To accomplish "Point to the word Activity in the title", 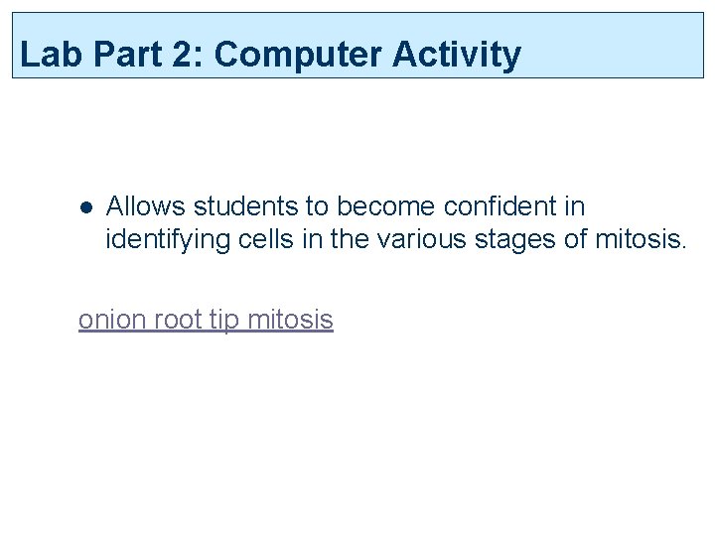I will (x=456, y=56).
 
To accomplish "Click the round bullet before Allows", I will (x=86, y=208).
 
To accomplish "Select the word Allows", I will (x=146, y=206).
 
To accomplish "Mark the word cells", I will (x=254, y=239).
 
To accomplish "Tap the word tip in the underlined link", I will (x=223, y=320).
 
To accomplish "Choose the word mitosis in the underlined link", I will (x=289, y=320).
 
